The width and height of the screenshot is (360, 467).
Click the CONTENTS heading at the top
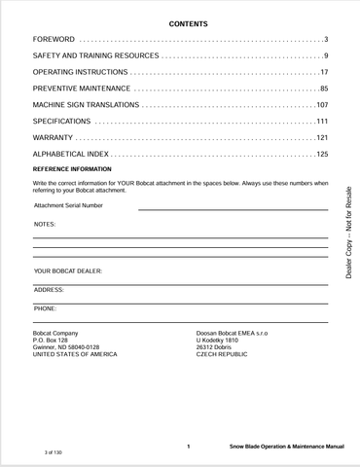pos(181,22)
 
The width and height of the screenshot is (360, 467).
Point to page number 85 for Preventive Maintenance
pos(323,90)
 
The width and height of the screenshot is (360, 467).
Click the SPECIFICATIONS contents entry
pos(62,122)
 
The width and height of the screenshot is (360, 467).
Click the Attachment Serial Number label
pos(68,205)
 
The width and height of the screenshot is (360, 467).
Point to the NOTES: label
pos(45,225)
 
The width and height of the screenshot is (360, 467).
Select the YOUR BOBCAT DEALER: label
pos(68,270)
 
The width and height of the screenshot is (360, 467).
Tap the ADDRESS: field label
pos(49,290)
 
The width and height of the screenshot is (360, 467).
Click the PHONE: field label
pos(45,308)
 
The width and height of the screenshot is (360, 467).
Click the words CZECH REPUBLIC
pos(222,354)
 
